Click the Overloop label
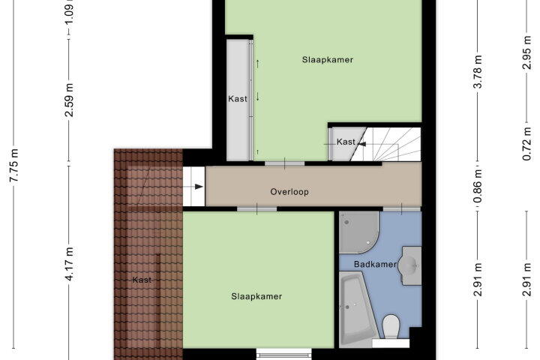tap(289, 192)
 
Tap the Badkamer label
tap(375, 264)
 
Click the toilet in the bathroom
tap(391, 326)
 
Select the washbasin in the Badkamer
tap(412, 265)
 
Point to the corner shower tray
tap(358, 232)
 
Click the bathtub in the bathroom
tap(356, 309)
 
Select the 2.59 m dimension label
tap(69, 100)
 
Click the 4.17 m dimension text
tap(69, 264)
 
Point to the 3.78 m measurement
tap(478, 72)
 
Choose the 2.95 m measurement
tap(527, 52)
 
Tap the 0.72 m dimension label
tap(527, 144)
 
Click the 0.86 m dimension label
tap(478, 186)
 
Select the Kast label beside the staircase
tap(346, 142)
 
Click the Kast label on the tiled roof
tap(142, 280)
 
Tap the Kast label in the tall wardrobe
tap(238, 99)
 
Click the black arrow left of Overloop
tap(193, 187)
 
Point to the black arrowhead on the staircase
tap(361, 144)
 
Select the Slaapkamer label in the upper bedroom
tap(328, 59)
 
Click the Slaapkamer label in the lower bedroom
tap(256, 296)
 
